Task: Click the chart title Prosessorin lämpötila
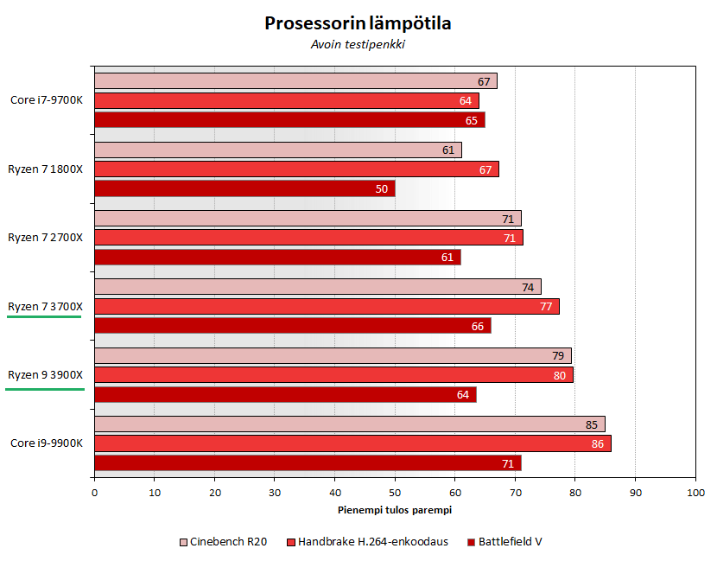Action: (x=358, y=23)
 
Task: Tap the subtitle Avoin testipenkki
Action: (x=358, y=45)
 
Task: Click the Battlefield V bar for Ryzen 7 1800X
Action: (x=244, y=188)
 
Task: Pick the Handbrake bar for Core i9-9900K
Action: (x=352, y=443)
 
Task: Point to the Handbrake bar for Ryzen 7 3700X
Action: (x=327, y=306)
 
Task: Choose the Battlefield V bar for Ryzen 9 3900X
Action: (x=285, y=395)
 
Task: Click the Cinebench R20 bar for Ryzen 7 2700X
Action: (x=308, y=219)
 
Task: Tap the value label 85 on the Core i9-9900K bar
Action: (x=592, y=424)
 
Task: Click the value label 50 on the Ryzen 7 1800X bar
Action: (x=382, y=188)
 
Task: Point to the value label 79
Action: (x=558, y=356)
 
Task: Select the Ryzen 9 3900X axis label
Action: (x=45, y=375)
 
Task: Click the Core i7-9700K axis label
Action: (x=47, y=100)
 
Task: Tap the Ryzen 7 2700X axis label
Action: (x=45, y=238)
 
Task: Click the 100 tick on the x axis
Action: (x=695, y=493)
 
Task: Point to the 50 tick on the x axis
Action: (x=395, y=493)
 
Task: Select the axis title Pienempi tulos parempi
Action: (x=394, y=510)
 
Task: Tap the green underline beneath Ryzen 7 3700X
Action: (x=45, y=317)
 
